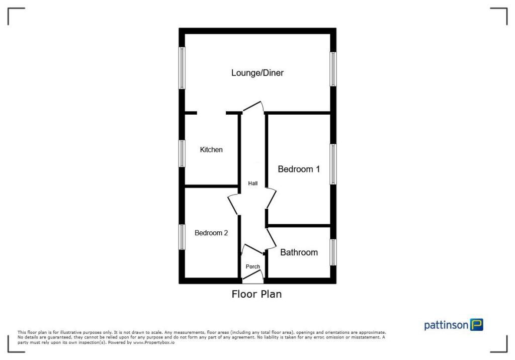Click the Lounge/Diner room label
pos(257,73)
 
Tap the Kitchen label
pos(211,150)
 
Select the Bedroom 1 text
pos(299,169)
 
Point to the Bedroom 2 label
pos(211,233)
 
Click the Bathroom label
pos(299,252)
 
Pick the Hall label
pos(252,184)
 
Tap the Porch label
pos(252,266)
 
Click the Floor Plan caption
pos(256,294)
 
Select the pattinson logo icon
pos(476,325)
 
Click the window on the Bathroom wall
pos(332,252)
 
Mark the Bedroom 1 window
pos(332,164)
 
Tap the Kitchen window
pos(183,153)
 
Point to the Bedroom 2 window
pos(183,237)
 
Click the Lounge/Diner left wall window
pos(183,68)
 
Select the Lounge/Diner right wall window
pos(332,69)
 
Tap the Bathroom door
pos(272,238)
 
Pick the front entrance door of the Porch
pos(253,274)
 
